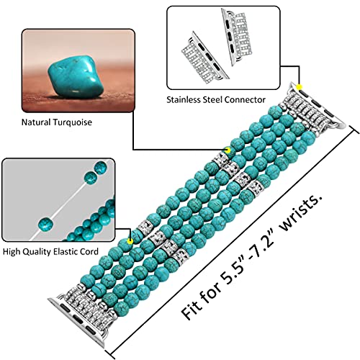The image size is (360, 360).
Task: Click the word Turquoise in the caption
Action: point(73,122)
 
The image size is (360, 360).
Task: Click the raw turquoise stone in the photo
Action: point(76,77)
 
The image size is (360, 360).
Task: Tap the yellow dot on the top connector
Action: point(299,87)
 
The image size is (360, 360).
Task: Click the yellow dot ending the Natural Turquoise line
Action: point(228,150)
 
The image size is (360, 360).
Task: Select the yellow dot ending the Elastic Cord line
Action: point(130,241)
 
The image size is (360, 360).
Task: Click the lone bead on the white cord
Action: point(45,224)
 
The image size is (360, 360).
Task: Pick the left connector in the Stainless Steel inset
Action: point(204,58)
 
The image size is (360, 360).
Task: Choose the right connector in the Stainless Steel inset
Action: point(237,37)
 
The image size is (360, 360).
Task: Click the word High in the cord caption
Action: point(11,252)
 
